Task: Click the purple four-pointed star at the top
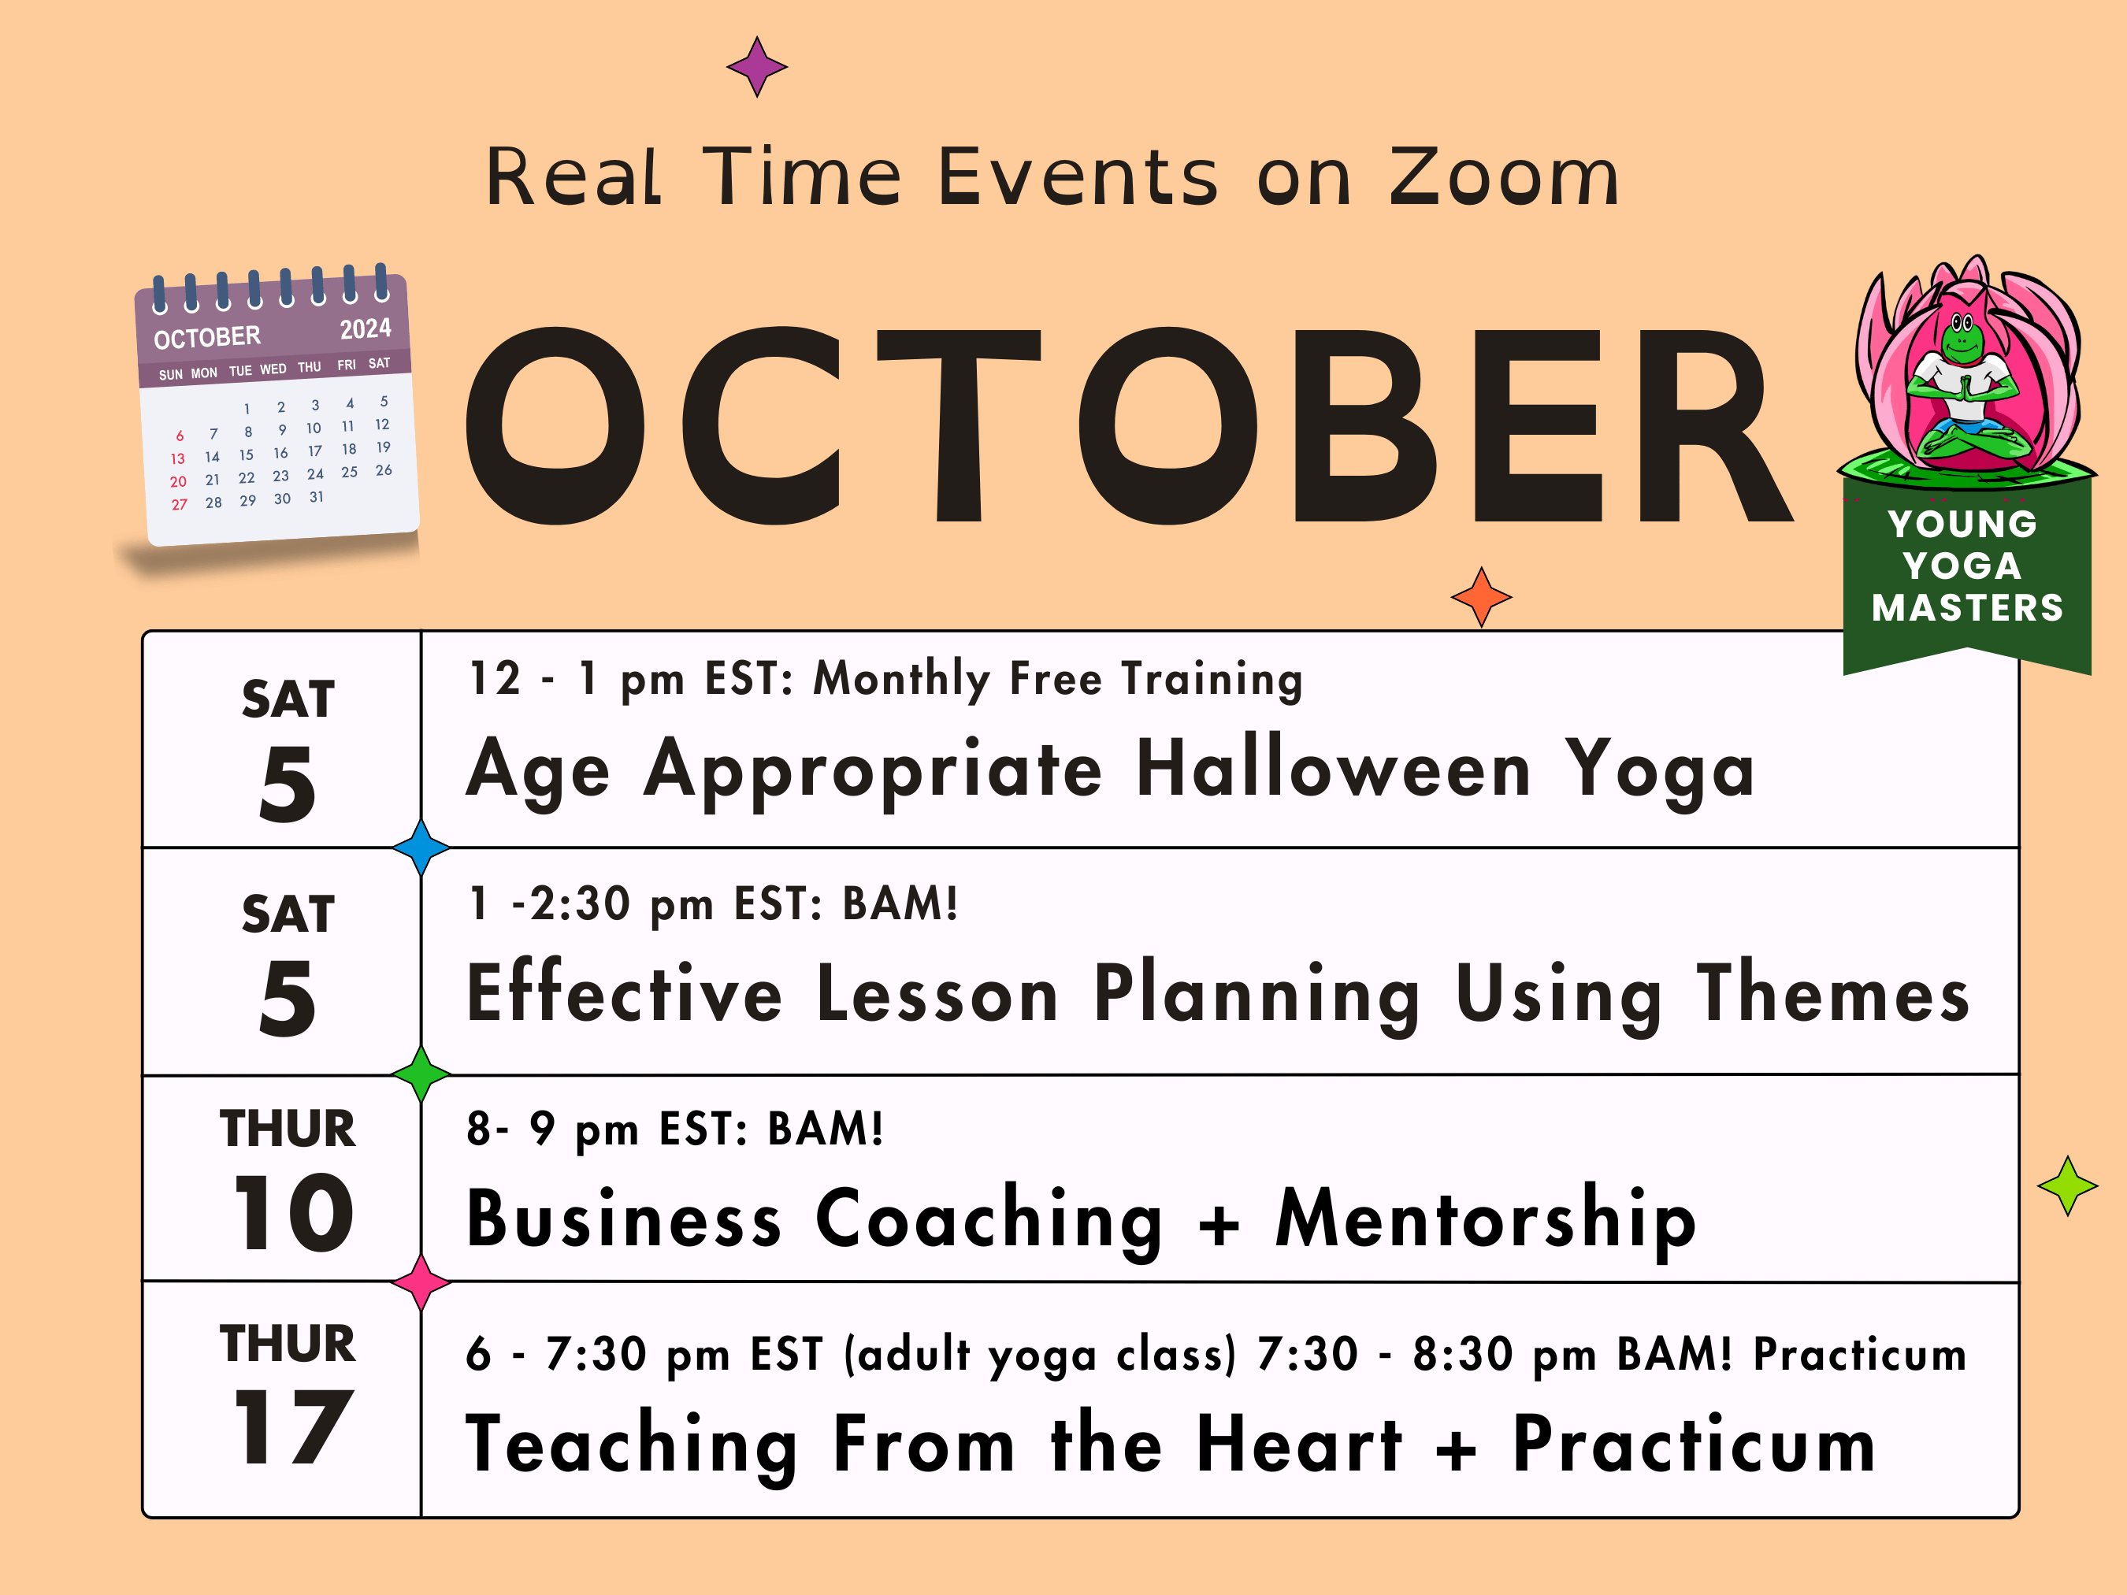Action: [757, 67]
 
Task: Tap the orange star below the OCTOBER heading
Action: [1481, 597]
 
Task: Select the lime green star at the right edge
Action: [2067, 1185]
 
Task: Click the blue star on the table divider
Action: [421, 847]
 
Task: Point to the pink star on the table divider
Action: [421, 1282]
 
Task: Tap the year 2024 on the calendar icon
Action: [366, 328]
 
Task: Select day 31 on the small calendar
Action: [317, 497]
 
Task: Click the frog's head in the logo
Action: [1962, 336]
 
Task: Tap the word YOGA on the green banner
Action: [1962, 566]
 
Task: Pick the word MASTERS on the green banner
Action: [1967, 607]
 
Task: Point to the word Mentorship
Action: [1486, 1219]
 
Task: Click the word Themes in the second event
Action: [1832, 992]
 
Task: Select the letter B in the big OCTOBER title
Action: [1365, 426]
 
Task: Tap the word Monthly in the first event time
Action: [902, 679]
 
